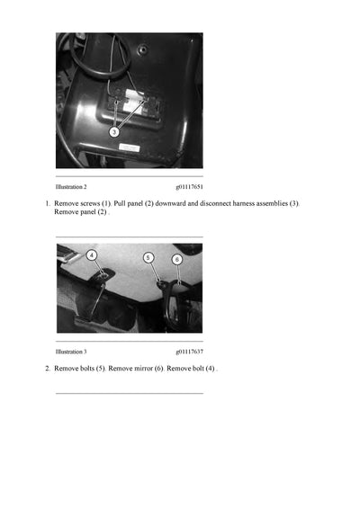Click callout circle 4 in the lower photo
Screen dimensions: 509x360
[x=92, y=255]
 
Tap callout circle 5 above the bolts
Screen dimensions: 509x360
[x=148, y=257]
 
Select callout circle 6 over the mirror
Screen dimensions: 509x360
[x=177, y=259]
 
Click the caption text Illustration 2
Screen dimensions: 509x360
[x=71, y=186]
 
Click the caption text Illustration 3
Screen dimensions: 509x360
[x=71, y=352]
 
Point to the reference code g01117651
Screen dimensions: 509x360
[x=189, y=186]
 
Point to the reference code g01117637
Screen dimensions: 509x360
[x=189, y=352]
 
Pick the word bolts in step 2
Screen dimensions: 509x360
[x=88, y=369]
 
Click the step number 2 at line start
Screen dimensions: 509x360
[x=48, y=369]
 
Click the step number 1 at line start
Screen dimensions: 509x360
[x=48, y=204]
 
